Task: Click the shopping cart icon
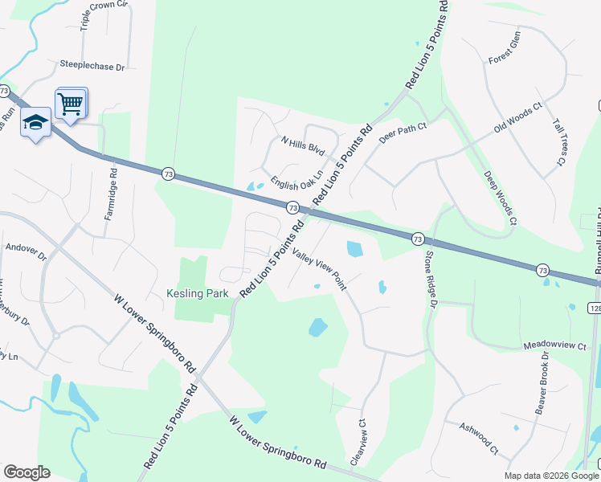pyautogui.click(x=70, y=103)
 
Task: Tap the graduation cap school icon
pyautogui.click(x=35, y=122)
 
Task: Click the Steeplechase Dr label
pyautogui.click(x=93, y=65)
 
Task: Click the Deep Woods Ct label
pyautogui.click(x=500, y=198)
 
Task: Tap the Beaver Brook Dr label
pyautogui.click(x=543, y=382)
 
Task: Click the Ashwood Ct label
pyautogui.click(x=479, y=438)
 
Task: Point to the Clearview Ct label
pyautogui.click(x=362, y=443)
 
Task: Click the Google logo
pyautogui.click(x=27, y=472)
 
